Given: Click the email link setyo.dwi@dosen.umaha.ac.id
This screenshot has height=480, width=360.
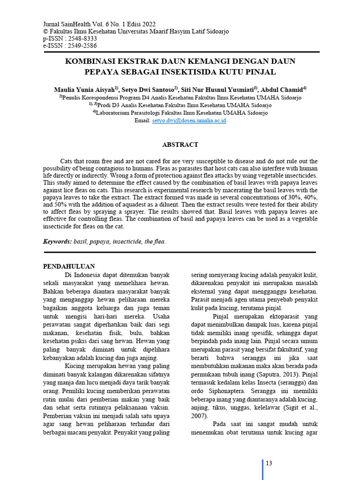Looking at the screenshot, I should (189, 120).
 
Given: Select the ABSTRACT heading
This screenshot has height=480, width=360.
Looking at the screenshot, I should (180, 145).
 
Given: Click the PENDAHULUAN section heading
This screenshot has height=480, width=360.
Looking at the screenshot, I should (69, 266).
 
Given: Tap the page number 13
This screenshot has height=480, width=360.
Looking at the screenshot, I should (269, 464).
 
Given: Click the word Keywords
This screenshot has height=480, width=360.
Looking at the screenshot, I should (57, 242).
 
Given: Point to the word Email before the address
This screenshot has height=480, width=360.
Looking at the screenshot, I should (142, 120).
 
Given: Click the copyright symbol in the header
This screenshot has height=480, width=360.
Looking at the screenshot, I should (45, 31).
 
